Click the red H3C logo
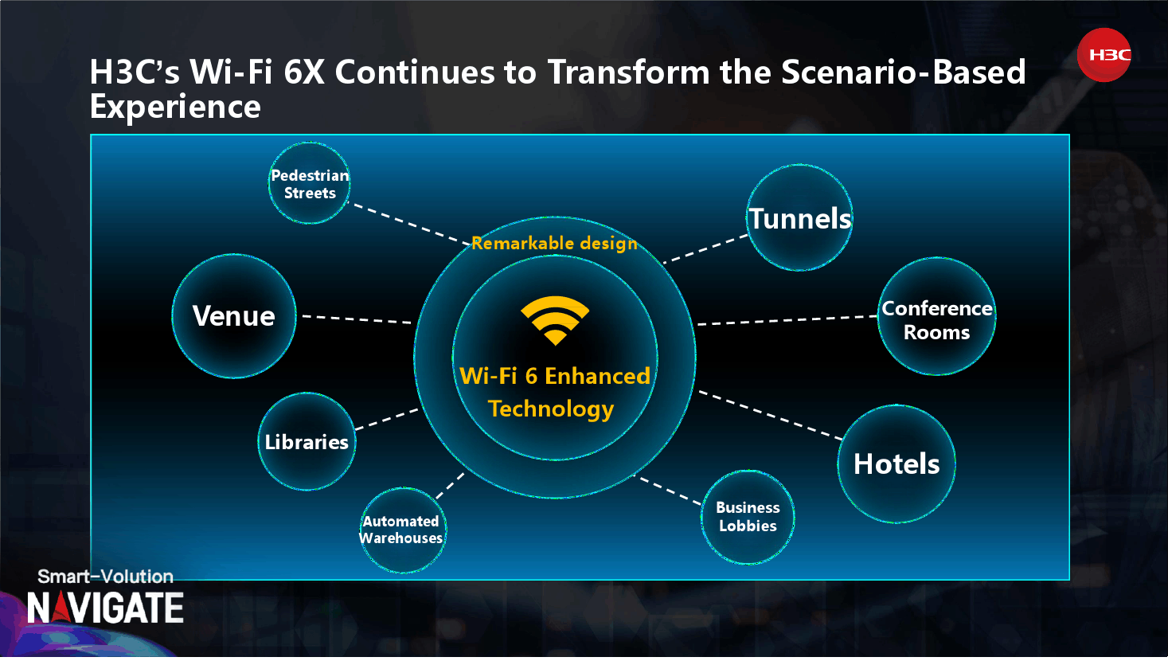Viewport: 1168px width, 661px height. (1104, 55)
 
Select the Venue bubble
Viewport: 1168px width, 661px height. (234, 316)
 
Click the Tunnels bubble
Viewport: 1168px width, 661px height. (799, 217)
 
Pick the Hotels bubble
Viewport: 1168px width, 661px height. (897, 463)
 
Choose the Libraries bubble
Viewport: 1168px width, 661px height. (307, 441)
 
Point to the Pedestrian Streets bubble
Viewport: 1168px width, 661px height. (309, 183)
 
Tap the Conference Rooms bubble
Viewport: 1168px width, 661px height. (936, 316)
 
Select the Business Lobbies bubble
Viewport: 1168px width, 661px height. (748, 517)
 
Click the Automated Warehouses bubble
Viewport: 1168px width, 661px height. (402, 530)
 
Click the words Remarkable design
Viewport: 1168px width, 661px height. (554, 243)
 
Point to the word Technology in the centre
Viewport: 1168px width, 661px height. (551, 409)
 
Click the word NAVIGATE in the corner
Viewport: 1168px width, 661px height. (105, 608)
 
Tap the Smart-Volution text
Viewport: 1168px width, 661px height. (105, 577)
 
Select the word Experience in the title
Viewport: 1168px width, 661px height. (175, 107)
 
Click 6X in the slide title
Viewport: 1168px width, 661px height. (304, 72)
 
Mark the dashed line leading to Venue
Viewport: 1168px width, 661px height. (357, 319)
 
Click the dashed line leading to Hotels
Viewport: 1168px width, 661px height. (770, 415)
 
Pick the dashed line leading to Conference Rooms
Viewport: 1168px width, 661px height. (787, 320)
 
